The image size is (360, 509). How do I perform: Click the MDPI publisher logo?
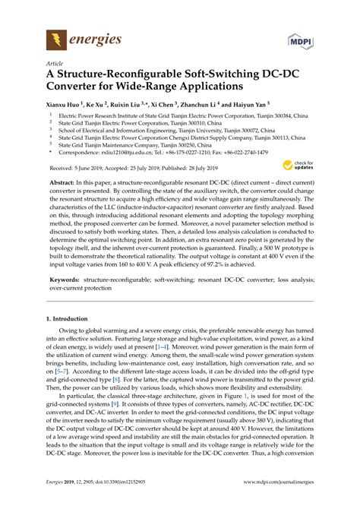tap(301, 39)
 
